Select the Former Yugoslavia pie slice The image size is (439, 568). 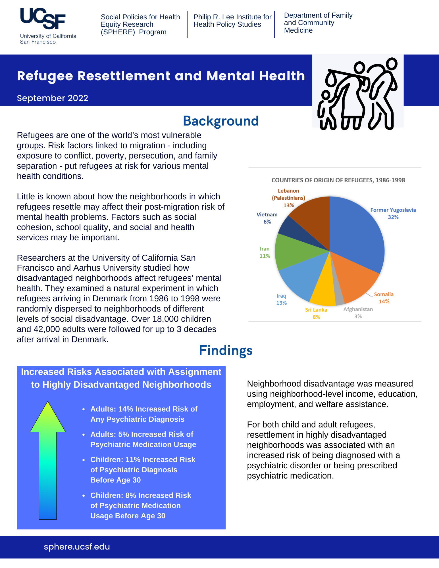(x=358, y=233)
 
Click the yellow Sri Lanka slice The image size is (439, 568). (x=324, y=293)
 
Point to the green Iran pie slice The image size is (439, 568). (x=293, y=251)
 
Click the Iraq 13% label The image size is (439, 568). (x=281, y=299)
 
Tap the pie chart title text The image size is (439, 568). (x=338, y=180)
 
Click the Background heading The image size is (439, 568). (x=221, y=121)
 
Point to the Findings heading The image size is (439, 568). (x=226, y=350)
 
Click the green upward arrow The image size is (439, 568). (x=48, y=460)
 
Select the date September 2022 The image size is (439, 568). (x=53, y=98)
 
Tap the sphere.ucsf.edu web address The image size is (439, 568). (x=77, y=547)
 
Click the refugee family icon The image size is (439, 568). (x=358, y=94)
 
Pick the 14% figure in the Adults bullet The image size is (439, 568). (x=126, y=409)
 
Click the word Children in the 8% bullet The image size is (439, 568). (x=107, y=495)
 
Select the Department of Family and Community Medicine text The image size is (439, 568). (x=318, y=23)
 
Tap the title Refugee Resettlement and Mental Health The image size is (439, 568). (x=161, y=76)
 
